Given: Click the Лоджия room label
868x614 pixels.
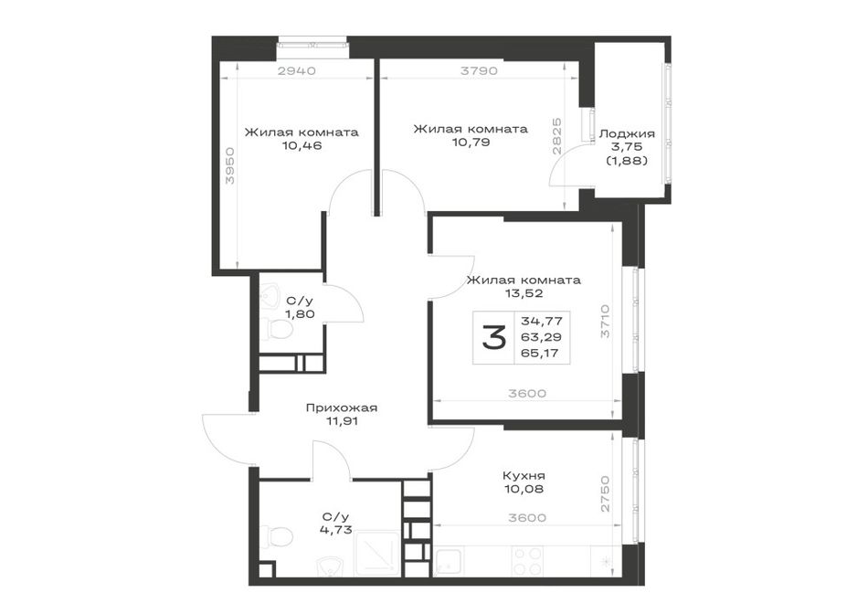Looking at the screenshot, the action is pyautogui.click(x=627, y=134).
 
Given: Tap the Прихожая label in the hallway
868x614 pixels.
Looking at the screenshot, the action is pyautogui.click(x=342, y=408).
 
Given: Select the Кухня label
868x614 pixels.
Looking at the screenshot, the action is pyautogui.click(x=524, y=476).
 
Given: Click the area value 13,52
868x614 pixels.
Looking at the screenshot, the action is pyautogui.click(x=524, y=293).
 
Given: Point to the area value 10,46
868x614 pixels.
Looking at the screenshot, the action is pyautogui.click(x=302, y=146).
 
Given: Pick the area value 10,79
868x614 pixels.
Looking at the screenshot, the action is pyautogui.click(x=470, y=143).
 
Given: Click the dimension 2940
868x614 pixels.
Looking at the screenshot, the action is pyautogui.click(x=297, y=71).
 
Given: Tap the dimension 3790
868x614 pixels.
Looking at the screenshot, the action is pyautogui.click(x=480, y=71).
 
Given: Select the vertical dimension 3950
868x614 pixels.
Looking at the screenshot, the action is pyautogui.click(x=230, y=165).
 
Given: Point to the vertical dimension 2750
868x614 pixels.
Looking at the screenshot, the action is pyautogui.click(x=606, y=494).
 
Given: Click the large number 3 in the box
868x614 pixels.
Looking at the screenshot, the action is pyautogui.click(x=493, y=338).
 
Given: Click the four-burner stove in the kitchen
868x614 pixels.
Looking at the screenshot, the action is pyautogui.click(x=527, y=560).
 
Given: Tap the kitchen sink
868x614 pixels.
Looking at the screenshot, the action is pyautogui.click(x=450, y=560).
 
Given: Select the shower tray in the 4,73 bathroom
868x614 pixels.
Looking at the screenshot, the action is pyautogui.click(x=377, y=553).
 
